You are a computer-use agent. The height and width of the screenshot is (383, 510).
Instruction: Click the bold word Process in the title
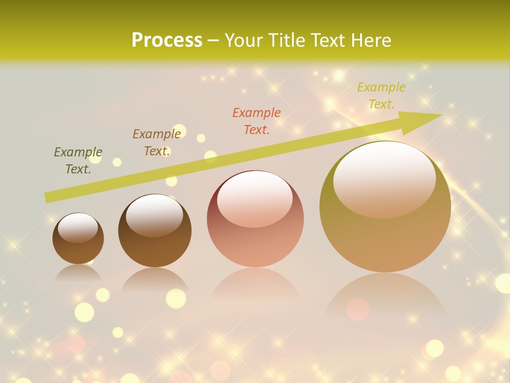[167, 40]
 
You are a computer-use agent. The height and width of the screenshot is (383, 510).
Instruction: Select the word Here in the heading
[371, 40]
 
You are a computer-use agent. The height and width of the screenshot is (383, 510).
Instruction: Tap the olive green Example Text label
[78, 161]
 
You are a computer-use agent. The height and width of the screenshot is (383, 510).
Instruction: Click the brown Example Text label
[157, 142]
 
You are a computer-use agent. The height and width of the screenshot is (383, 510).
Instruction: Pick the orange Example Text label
[257, 121]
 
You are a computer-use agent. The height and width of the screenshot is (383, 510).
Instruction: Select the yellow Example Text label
[381, 96]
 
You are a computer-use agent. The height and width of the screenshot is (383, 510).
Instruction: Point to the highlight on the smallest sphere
[78, 228]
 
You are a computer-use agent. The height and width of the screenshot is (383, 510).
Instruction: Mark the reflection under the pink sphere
[255, 287]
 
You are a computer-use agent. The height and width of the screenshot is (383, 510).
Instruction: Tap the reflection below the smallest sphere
[78, 272]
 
